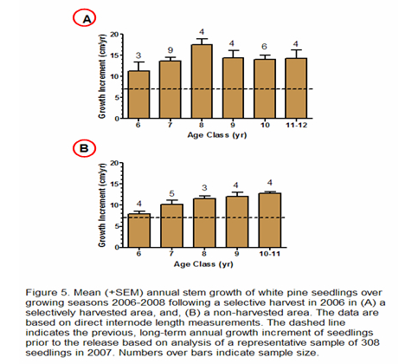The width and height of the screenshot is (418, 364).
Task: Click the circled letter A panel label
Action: tap(84, 18)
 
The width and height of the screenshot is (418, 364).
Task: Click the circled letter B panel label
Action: tap(84, 148)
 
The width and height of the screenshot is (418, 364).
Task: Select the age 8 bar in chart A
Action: tap(202, 81)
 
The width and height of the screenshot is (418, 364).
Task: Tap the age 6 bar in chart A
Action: tap(138, 94)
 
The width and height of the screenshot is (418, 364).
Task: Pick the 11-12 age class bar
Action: tap(296, 88)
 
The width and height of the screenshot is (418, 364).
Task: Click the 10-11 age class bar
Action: tap(270, 220)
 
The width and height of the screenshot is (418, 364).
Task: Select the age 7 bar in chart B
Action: tap(171, 226)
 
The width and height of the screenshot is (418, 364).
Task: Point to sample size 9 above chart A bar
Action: tap(170, 50)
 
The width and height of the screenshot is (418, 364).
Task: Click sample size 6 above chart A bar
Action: tap(264, 47)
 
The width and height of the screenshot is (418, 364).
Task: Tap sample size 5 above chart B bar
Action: tap(171, 193)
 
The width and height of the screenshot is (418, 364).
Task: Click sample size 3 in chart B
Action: tap(204, 188)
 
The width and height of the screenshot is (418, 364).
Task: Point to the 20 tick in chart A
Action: tap(114, 35)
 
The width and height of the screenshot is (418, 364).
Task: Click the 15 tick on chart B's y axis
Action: tap(114, 184)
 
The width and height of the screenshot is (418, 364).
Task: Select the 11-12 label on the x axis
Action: tap(296, 125)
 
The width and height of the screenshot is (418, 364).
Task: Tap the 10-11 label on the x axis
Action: tap(270, 254)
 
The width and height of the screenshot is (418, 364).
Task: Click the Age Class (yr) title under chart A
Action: tap(217, 135)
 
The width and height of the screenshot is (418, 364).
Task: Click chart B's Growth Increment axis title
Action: tap(102, 205)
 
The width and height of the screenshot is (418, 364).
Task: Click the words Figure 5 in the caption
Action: tap(48, 293)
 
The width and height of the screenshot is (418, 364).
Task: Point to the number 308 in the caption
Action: tap(370, 342)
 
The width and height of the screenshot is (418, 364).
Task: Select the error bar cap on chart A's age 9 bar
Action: tap(233, 50)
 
